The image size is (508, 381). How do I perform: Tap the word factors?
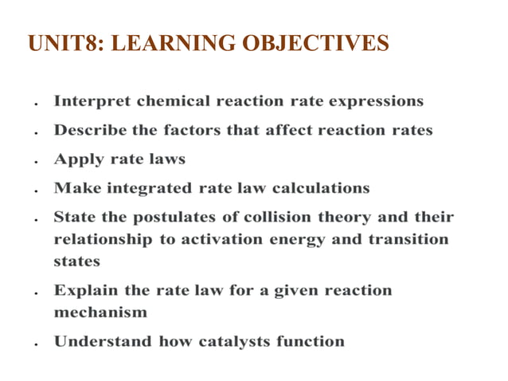point(191,130)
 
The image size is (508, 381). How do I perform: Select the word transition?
point(408,239)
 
